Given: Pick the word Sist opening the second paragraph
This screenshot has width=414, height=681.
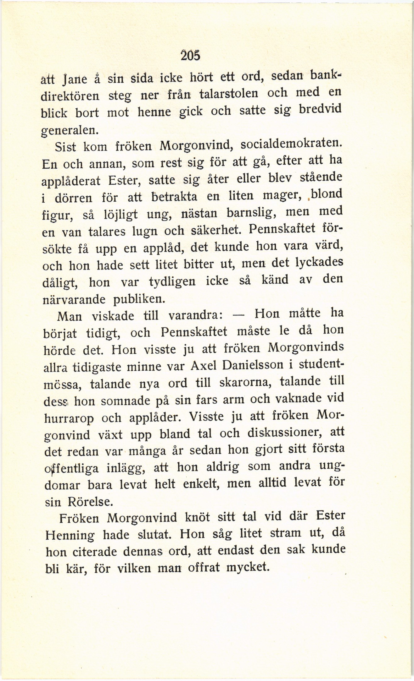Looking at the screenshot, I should tap(65, 147).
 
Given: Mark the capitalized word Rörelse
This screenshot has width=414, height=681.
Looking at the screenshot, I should tap(90, 502).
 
